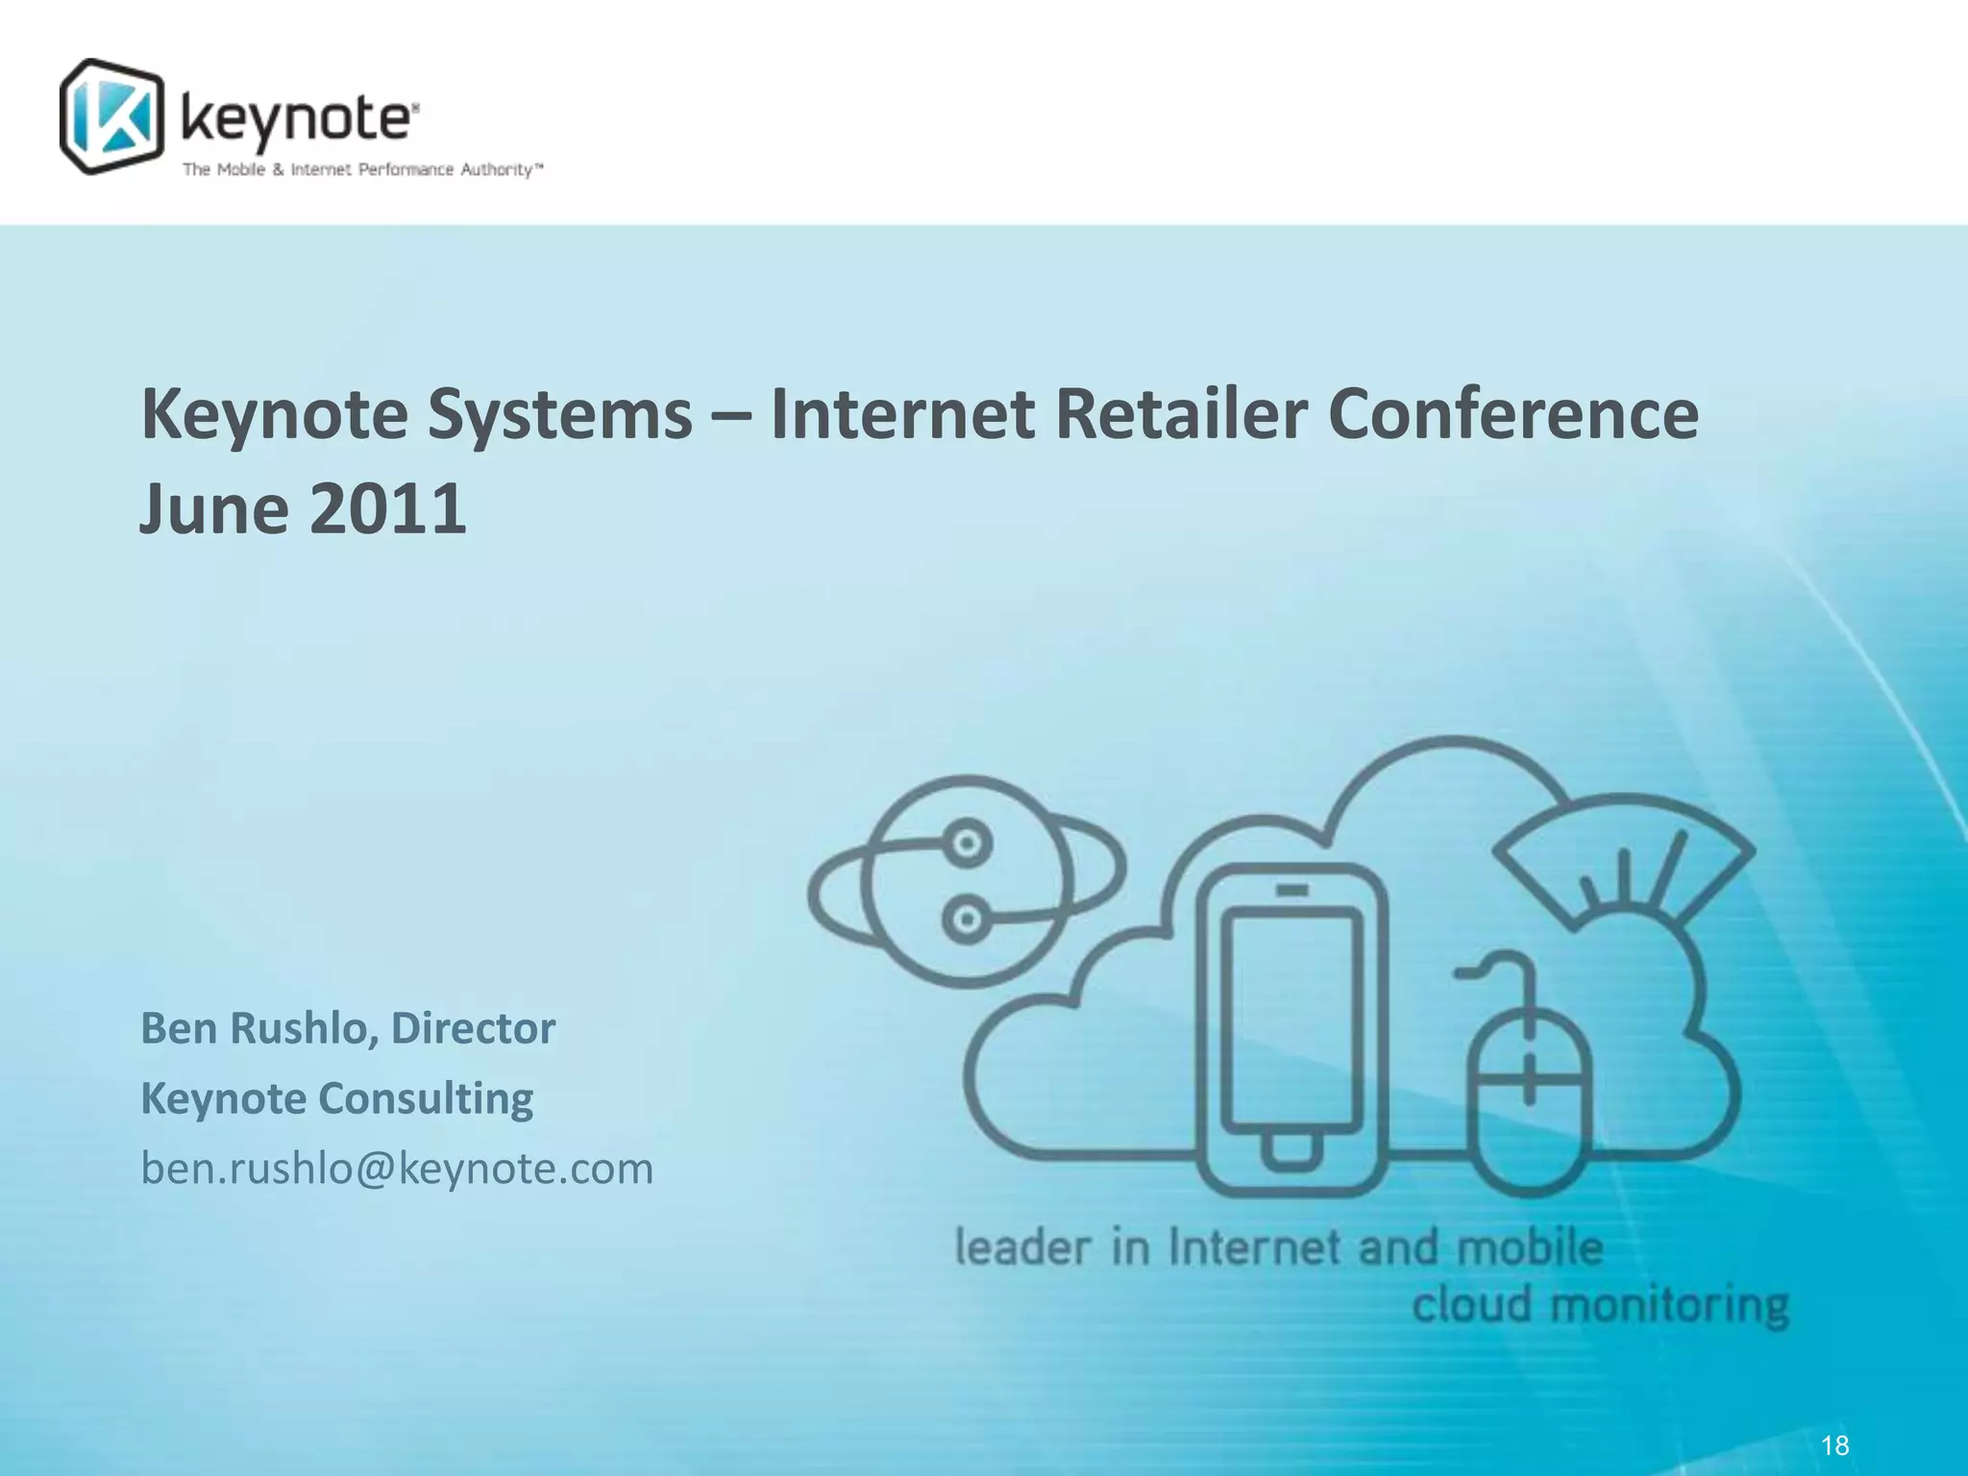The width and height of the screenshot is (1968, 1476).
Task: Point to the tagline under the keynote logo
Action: [363, 170]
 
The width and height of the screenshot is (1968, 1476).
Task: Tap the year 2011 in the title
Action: [387, 508]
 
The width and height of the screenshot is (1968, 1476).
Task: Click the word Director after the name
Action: [473, 1027]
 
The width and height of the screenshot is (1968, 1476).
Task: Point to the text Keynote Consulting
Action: [336, 1098]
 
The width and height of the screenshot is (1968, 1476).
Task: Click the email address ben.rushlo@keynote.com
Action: [397, 1168]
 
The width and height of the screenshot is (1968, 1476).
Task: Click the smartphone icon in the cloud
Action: [1292, 1028]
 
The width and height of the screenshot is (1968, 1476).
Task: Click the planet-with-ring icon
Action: [966, 880]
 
